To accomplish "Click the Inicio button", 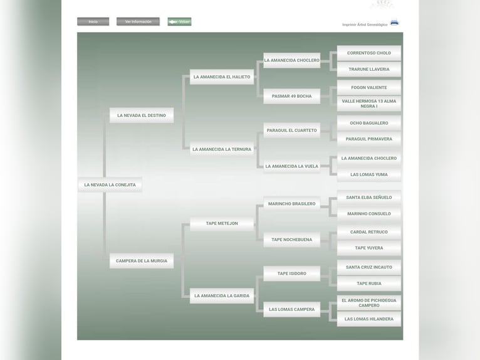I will pyautogui.click(x=93, y=22).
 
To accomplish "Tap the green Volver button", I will pyautogui.click(x=180, y=22).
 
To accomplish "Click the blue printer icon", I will pyautogui.click(x=394, y=23).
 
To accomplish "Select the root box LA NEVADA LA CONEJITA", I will pyautogui.click(x=110, y=185).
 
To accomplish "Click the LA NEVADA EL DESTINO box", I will pyautogui.click(x=142, y=115).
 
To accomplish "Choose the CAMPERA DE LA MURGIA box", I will pyautogui.click(x=142, y=261).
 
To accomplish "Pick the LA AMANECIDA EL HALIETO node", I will pyautogui.click(x=222, y=77).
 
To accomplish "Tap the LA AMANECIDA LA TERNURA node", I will pyautogui.click(x=222, y=149).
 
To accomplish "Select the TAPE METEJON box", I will pyautogui.click(x=222, y=223).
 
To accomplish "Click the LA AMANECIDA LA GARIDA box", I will pyautogui.click(x=222, y=295).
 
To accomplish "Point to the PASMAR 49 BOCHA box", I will pyautogui.click(x=291, y=96).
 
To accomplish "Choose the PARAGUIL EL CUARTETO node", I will pyautogui.click(x=291, y=130).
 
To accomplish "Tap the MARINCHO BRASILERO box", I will pyautogui.click(x=291, y=204).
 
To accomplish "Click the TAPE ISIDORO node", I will pyautogui.click(x=291, y=273).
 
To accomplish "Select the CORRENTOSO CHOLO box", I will pyautogui.click(x=369, y=53).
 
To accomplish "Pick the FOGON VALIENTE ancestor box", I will pyautogui.click(x=369, y=88).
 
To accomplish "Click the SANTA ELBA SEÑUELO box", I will pyautogui.click(x=369, y=198).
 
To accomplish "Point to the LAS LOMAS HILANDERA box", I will pyautogui.click(x=369, y=319).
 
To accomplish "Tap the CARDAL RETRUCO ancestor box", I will pyautogui.click(x=369, y=232).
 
